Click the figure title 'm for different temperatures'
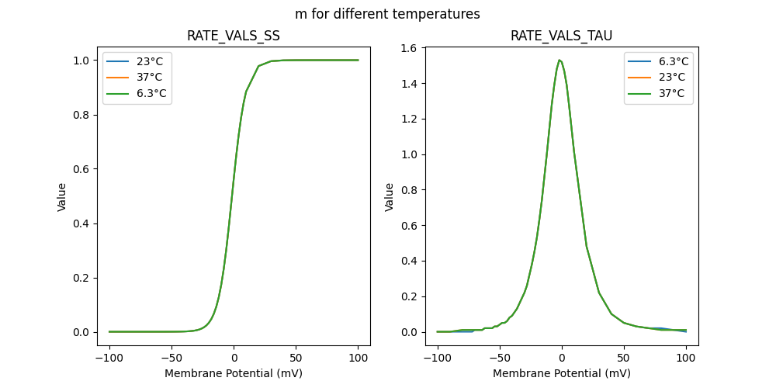click(x=387, y=14)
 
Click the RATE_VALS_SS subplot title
click(x=234, y=36)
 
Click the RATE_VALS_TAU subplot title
click(x=561, y=36)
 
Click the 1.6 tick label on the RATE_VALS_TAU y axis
click(x=408, y=48)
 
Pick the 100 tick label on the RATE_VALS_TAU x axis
click(x=685, y=358)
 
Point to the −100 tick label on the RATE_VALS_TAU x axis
click(x=437, y=358)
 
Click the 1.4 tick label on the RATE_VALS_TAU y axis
click(x=408, y=84)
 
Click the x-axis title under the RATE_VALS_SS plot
click(x=234, y=373)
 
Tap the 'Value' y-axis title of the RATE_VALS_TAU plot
click(x=390, y=197)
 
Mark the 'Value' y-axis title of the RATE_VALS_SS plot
click(x=62, y=197)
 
